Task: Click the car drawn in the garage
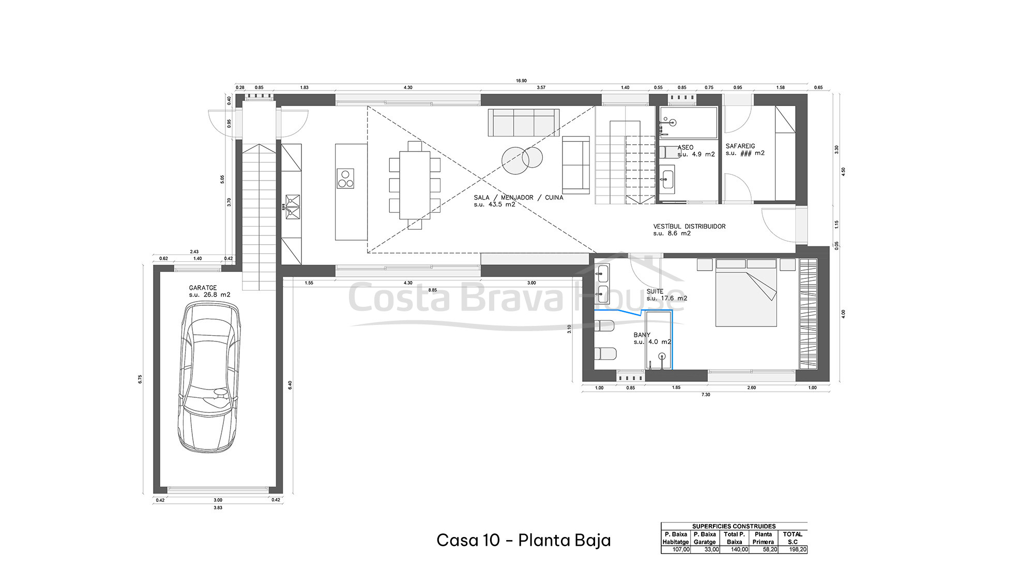(x=209, y=378)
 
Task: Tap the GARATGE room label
(x=203, y=288)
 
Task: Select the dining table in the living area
(x=415, y=185)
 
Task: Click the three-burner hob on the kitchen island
(x=345, y=178)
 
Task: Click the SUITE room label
(x=655, y=291)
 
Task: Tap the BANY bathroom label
(x=642, y=335)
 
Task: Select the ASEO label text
(x=686, y=147)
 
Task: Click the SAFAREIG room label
(x=740, y=146)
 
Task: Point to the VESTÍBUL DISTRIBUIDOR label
(x=689, y=227)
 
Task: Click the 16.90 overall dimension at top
(x=521, y=81)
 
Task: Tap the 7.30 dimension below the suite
(x=706, y=395)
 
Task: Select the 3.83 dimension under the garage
(x=218, y=508)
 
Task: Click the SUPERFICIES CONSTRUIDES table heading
(x=734, y=526)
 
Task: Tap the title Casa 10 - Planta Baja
(x=523, y=540)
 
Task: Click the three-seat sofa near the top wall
(x=524, y=123)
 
